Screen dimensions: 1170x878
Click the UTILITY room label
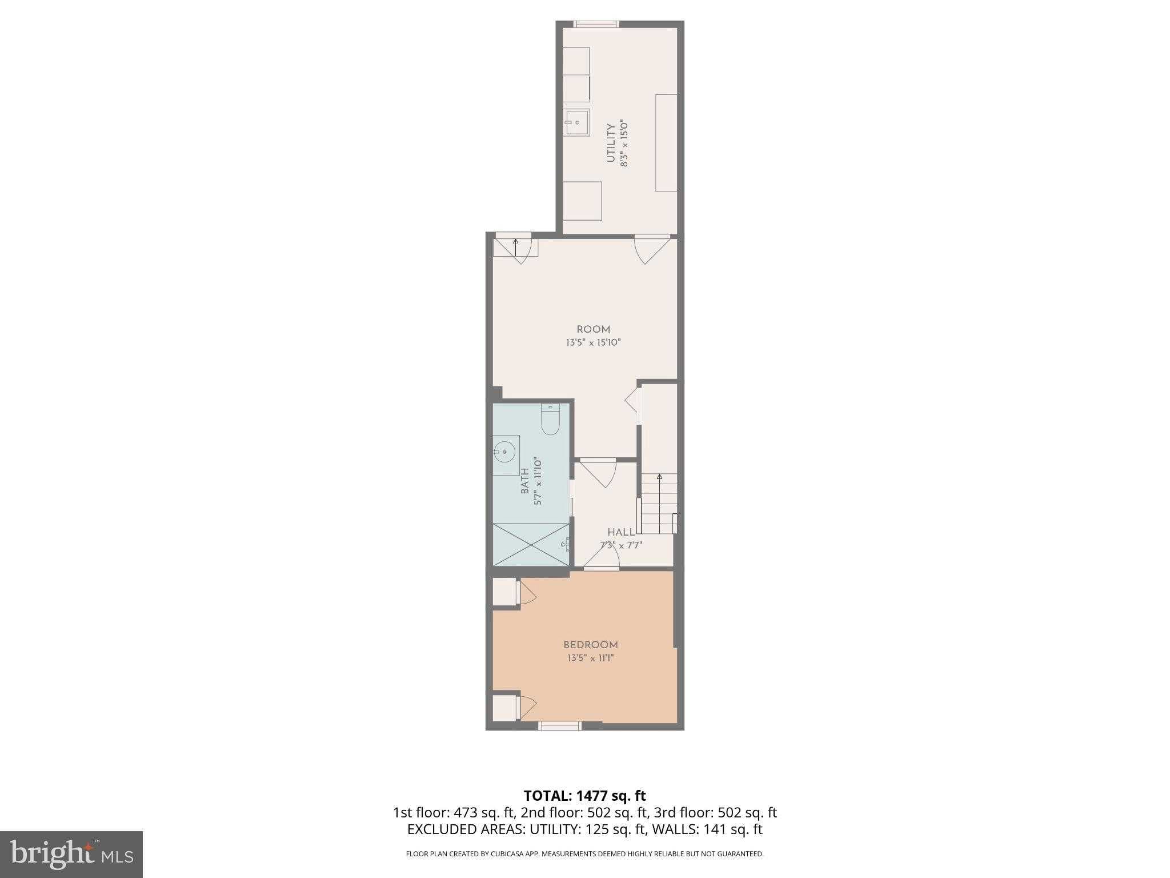611,143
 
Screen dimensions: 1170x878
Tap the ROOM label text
593,329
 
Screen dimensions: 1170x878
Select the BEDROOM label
591,645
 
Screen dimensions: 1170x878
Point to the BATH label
524,481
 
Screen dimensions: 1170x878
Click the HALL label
621,532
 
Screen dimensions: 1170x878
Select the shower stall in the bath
531,544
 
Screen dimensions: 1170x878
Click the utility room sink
577,122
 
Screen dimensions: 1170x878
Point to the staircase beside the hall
658,504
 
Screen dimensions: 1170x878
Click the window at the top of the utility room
596,24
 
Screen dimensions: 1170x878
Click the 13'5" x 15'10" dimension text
593,343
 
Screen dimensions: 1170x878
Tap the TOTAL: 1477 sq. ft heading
584,796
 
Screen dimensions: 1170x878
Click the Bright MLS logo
71,855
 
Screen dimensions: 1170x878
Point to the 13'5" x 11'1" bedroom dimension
591,658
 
